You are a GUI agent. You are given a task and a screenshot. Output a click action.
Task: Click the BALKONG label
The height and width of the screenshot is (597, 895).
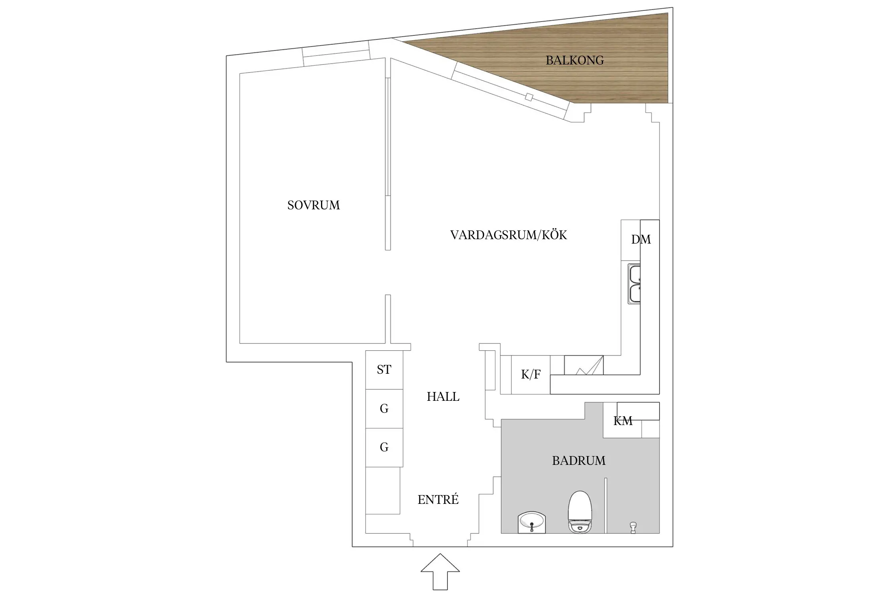pyautogui.click(x=574, y=60)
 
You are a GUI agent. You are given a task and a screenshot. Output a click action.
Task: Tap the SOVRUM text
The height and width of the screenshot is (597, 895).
pyautogui.click(x=313, y=205)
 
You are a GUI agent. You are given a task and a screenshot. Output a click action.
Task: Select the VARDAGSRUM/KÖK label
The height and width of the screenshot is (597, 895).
pyautogui.click(x=508, y=235)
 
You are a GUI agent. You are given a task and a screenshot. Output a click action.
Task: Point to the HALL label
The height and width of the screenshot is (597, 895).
pyautogui.click(x=443, y=397)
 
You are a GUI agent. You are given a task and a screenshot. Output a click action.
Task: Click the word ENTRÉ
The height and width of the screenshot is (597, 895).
pyautogui.click(x=438, y=500)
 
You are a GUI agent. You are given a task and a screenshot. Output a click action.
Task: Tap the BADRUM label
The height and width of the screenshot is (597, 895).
pyautogui.click(x=578, y=461)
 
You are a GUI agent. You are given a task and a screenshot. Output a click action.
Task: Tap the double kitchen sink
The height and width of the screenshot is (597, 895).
pyautogui.click(x=634, y=283)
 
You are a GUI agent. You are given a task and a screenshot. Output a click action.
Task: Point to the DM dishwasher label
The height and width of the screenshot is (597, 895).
pyautogui.click(x=641, y=240)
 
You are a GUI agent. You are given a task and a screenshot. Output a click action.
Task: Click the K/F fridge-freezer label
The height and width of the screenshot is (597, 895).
pyautogui.click(x=531, y=375)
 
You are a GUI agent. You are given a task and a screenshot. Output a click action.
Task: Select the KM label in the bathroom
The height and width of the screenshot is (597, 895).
pyautogui.click(x=623, y=421)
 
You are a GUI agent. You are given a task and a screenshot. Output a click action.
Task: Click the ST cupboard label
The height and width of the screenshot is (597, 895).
pyautogui.click(x=384, y=370)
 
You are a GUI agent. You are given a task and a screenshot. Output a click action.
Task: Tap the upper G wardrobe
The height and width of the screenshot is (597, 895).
pyautogui.click(x=384, y=409)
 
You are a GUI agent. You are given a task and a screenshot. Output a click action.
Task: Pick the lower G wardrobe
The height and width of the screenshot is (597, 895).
pyautogui.click(x=384, y=447)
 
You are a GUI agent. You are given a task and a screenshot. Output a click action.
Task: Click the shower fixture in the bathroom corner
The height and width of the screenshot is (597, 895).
pyautogui.click(x=633, y=527)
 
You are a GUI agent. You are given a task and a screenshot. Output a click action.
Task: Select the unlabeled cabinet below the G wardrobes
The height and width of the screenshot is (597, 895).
pyautogui.click(x=383, y=490)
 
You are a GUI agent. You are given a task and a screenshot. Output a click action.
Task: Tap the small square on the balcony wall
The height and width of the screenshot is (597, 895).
pyautogui.click(x=529, y=97)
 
